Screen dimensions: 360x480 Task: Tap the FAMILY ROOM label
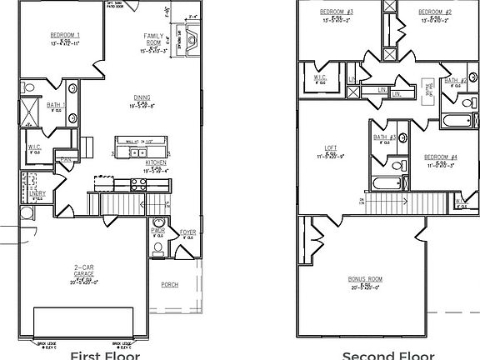pyautogui.click(x=153, y=37)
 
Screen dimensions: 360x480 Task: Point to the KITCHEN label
pyautogui.click(x=156, y=162)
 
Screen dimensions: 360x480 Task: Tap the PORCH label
pyautogui.click(x=169, y=284)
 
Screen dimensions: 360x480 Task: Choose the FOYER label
pyautogui.click(x=187, y=232)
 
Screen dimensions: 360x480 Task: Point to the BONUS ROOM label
pyautogui.click(x=365, y=279)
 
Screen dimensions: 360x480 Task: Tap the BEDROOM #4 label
pyautogui.click(x=440, y=157)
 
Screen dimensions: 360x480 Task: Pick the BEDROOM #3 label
pyautogui.click(x=337, y=12)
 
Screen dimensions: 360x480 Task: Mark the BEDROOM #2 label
pyautogui.click(x=435, y=12)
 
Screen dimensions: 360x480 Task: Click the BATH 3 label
pyautogui.click(x=384, y=137)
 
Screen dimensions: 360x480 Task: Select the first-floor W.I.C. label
pyautogui.click(x=34, y=148)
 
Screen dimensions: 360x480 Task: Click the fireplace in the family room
pyautogui.click(x=191, y=39)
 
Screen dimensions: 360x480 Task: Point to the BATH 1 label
pyautogui.click(x=56, y=106)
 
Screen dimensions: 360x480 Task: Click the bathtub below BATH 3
pyautogui.click(x=389, y=184)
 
